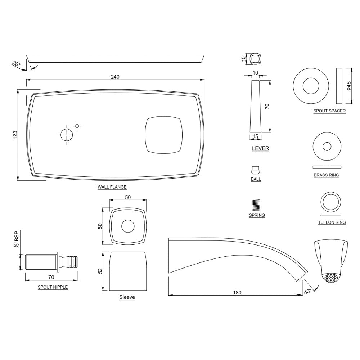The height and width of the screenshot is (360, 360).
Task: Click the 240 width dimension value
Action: [115, 77]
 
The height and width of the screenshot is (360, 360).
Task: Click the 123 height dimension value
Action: [15, 135]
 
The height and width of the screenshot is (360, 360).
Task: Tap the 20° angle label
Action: [16, 64]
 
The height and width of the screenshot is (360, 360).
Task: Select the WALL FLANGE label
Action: [112, 187]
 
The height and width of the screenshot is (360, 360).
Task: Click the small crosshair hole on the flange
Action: [77, 126]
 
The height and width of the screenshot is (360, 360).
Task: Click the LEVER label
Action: [260, 148]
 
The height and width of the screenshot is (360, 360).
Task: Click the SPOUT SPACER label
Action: [329, 111]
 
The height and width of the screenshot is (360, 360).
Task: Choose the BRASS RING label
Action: [326, 175]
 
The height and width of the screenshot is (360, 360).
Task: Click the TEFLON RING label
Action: [332, 222]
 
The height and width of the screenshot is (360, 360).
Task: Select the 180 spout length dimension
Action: [237, 292]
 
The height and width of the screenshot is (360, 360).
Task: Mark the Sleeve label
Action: [127, 297]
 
